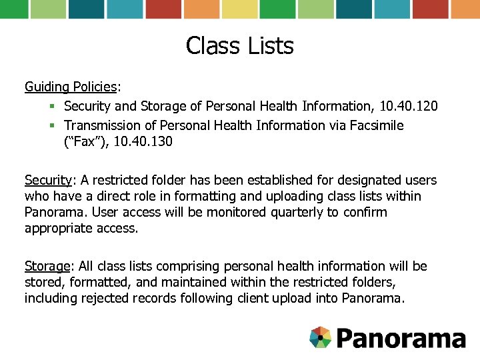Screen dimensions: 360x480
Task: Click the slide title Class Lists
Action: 240,46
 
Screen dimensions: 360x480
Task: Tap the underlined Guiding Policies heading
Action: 71,87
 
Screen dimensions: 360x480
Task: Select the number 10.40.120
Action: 409,106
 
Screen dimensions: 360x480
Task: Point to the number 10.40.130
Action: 143,141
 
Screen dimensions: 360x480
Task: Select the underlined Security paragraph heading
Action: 48,180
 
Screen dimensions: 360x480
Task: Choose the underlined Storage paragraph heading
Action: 47,266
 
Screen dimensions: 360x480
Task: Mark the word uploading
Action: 291,196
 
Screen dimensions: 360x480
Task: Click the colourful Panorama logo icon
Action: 321,337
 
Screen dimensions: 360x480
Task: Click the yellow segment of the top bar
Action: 239,9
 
